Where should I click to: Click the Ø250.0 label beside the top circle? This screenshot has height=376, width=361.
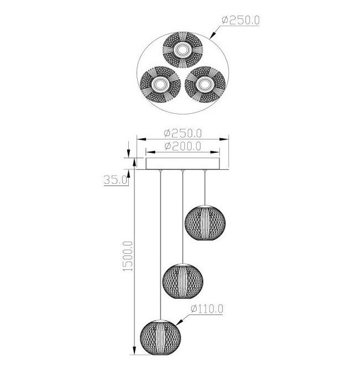pyautogui.click(x=240, y=20)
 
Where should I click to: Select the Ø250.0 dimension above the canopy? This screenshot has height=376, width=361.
pyautogui.click(x=183, y=133)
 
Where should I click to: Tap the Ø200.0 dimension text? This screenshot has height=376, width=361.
pyautogui.click(x=183, y=146)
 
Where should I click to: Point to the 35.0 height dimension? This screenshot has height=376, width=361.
pyautogui.click(x=115, y=179)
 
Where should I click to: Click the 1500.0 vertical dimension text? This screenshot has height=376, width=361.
pyautogui.click(x=128, y=257)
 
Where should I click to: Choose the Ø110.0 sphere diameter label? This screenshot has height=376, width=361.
pyautogui.click(x=207, y=309)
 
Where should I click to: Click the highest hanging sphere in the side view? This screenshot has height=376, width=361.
pyautogui.click(x=205, y=223)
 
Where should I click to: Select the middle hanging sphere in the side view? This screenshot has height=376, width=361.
pyautogui.click(x=183, y=281)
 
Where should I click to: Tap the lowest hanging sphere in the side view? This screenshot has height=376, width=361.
pyautogui.click(x=161, y=337)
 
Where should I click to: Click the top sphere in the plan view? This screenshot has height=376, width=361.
pyautogui.click(x=183, y=50)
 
